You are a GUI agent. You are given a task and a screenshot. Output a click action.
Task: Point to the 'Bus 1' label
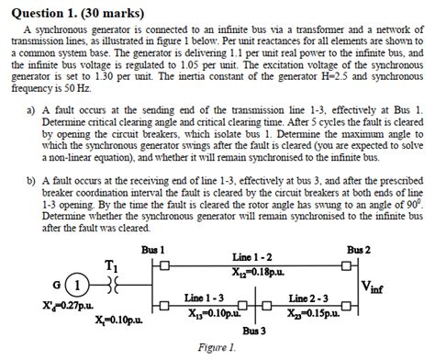point(153,250)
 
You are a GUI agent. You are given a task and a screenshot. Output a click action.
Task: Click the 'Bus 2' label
point(358,250)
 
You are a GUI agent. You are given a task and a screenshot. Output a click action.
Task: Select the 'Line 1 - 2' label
point(251,257)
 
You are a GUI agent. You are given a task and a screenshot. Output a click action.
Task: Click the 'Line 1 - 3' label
point(204,298)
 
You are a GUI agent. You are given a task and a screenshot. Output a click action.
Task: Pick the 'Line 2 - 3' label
point(308,298)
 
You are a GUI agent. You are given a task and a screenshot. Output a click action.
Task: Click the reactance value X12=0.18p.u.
point(256,271)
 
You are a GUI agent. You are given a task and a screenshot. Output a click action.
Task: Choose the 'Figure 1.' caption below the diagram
point(217,348)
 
